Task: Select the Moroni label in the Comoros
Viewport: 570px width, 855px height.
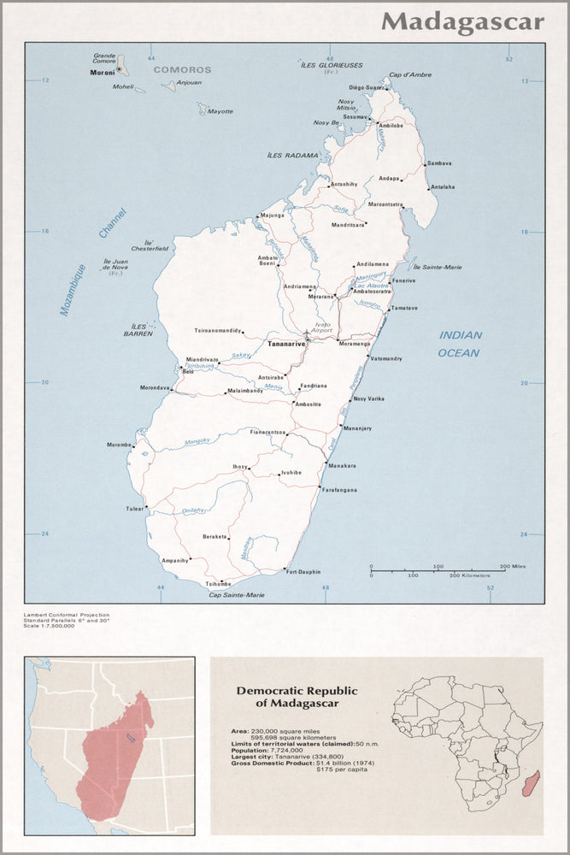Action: point(102,73)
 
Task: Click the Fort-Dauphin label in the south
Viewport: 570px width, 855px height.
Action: point(303,571)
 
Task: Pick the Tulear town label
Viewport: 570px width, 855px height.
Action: point(135,509)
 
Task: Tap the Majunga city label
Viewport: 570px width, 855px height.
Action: point(272,215)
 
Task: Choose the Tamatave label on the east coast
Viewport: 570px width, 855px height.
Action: point(404,308)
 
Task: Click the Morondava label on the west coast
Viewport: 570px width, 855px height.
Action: point(155,387)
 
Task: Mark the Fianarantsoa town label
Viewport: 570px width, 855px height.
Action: point(267,433)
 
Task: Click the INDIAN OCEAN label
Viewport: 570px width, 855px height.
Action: point(460,344)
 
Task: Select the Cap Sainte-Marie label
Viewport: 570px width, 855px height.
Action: point(237,594)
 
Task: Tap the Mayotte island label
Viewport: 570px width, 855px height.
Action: point(220,111)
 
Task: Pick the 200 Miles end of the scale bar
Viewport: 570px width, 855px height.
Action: point(513,567)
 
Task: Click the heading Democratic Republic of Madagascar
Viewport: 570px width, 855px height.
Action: point(297,697)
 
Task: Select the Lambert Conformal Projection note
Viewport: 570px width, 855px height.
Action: point(68,615)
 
